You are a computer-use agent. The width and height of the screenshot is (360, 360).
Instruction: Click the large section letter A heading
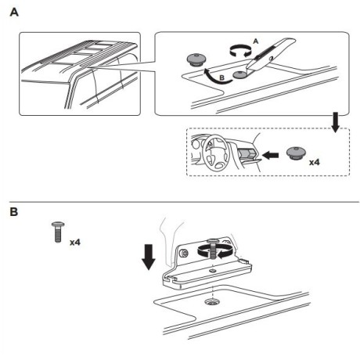pyautogui.click(x=14, y=13)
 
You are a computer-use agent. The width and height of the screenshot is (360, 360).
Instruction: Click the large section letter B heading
pyautogui.click(x=13, y=211)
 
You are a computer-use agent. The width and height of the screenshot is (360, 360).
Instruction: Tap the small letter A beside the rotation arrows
pyautogui.click(x=256, y=41)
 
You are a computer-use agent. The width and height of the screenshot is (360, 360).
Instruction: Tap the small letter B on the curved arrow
pyautogui.click(x=221, y=77)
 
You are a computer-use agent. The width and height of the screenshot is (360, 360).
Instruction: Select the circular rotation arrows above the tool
pyautogui.click(x=240, y=50)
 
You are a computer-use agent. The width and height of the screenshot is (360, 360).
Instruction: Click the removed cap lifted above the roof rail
pyautogui.click(x=196, y=59)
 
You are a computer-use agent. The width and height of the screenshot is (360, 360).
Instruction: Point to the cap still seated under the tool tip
pyautogui.click(x=240, y=75)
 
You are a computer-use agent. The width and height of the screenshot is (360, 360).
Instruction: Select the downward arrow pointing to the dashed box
pyautogui.click(x=335, y=122)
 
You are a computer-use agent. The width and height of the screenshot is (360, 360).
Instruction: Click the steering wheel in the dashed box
pyautogui.click(x=215, y=153)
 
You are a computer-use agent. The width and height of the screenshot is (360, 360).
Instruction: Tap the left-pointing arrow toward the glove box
pyautogui.click(x=270, y=156)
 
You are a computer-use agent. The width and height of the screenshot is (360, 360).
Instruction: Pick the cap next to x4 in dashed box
pyautogui.click(x=296, y=153)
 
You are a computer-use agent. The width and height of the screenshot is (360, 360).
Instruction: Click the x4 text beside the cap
pyautogui.click(x=315, y=162)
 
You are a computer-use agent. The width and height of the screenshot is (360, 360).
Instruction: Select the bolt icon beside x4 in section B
pyautogui.click(x=58, y=232)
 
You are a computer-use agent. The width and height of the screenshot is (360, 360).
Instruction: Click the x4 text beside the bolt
pyautogui.click(x=75, y=243)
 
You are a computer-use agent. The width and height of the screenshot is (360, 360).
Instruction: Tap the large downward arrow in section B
pyautogui.click(x=149, y=257)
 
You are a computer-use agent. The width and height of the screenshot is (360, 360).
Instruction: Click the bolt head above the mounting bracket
pyautogui.click(x=213, y=240)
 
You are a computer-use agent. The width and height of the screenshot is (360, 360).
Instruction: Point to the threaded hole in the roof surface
pyautogui.click(x=212, y=302)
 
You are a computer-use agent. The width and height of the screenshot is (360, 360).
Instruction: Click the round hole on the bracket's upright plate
pyautogui.click(x=184, y=253)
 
